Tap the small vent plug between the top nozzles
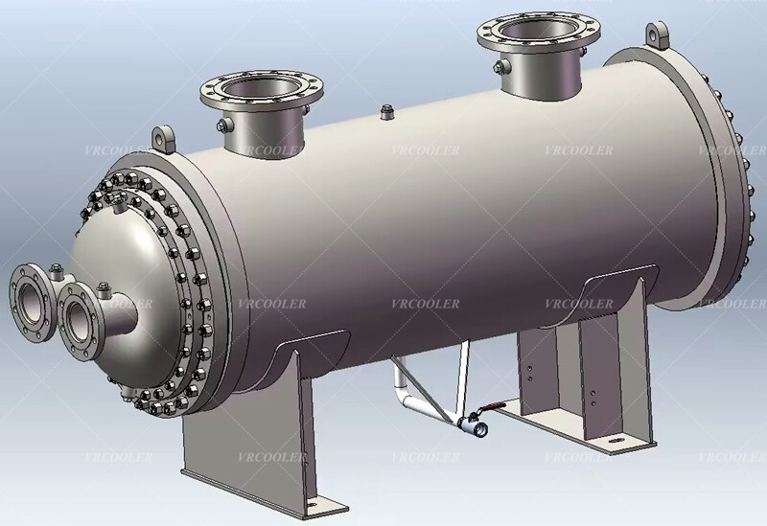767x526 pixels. click(386, 113)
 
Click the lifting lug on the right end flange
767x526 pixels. click(659, 35)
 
